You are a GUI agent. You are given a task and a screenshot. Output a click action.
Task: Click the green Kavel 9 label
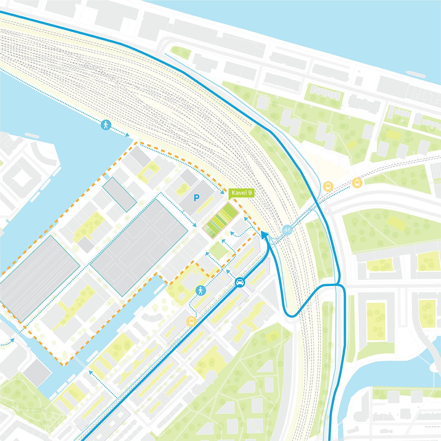(x=241, y=194)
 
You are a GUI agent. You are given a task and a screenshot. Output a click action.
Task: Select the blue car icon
(x=240, y=282)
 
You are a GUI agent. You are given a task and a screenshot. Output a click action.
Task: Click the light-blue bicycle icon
(x=287, y=230)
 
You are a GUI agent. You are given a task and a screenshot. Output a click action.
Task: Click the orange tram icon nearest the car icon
(x=191, y=321)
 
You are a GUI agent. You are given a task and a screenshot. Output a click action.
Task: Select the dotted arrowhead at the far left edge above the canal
(x=12, y=340)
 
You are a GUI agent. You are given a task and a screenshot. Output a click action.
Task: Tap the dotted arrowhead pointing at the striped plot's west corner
(x=196, y=225)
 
